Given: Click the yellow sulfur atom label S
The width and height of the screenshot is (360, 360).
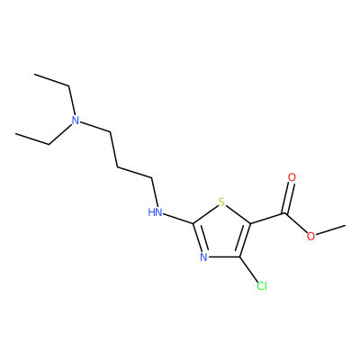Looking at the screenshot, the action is pos(221,202).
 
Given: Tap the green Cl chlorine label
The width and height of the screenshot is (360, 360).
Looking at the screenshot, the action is pos(262,286).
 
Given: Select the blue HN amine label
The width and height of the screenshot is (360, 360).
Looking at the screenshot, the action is pos(155,212).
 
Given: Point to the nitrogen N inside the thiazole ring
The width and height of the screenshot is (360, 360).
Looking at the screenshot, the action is pos(203,257).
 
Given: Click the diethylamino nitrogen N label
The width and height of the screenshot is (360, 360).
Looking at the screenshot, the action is pos(76,121).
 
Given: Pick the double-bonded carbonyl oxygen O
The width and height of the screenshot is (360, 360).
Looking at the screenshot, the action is pos(292,177).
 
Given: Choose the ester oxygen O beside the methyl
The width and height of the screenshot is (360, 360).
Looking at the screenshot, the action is pos(311,236).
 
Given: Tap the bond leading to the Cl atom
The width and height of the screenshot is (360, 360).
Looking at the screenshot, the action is pos(248,269).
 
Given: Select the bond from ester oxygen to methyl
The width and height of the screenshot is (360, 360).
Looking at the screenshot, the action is pos(330,229).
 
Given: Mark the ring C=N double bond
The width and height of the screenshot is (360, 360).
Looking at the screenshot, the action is pos(198,238).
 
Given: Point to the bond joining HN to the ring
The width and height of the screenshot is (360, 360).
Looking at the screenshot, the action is pos(178,219).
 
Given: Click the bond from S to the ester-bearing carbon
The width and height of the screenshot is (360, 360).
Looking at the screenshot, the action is pos(238,214).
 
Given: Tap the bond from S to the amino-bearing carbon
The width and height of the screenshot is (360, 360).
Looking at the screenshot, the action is pos(205,214).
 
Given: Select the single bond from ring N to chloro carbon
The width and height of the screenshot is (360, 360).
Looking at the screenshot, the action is pos(224,257).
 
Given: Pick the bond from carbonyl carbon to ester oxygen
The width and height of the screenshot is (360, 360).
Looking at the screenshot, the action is pos(296,222).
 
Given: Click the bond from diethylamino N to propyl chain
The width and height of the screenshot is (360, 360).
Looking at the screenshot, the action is pos(95,127).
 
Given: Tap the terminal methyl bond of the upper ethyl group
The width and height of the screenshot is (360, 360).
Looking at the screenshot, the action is pos(52,80).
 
